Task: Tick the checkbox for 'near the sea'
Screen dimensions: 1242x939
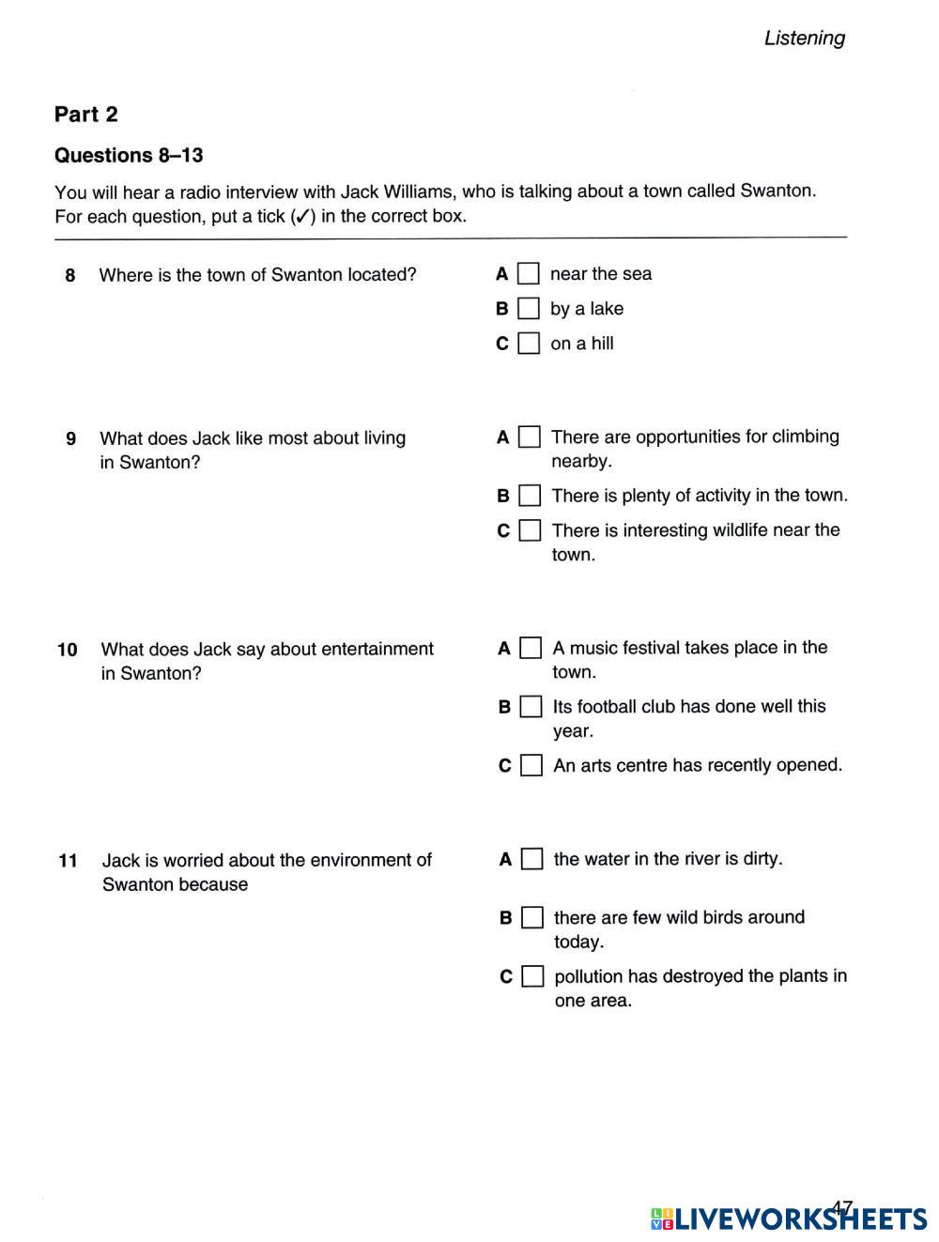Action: (x=529, y=274)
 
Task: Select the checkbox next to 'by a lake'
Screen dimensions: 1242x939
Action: (x=529, y=309)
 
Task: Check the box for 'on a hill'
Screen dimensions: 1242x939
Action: (x=530, y=344)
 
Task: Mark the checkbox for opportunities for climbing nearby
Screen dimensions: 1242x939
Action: (x=530, y=437)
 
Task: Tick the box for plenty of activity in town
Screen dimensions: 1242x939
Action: (x=530, y=496)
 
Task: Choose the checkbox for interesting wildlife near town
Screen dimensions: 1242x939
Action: (x=531, y=530)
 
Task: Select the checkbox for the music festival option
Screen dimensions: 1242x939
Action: (x=531, y=649)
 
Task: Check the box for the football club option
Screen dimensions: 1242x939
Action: (x=531, y=707)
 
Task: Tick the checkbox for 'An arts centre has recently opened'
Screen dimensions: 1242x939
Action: (x=531, y=766)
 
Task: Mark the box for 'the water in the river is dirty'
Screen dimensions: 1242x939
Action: (x=532, y=859)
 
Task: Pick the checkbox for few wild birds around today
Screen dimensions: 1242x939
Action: (x=532, y=918)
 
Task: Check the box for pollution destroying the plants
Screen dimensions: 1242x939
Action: (x=532, y=977)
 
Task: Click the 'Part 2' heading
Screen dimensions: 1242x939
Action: (x=86, y=115)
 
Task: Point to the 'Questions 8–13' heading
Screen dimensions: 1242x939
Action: (x=129, y=155)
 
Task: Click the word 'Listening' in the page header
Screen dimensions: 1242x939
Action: (x=804, y=38)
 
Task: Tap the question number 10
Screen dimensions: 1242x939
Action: (x=68, y=650)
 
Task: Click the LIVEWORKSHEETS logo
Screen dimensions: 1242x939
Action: (x=788, y=1219)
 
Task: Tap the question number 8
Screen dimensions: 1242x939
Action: (x=70, y=275)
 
